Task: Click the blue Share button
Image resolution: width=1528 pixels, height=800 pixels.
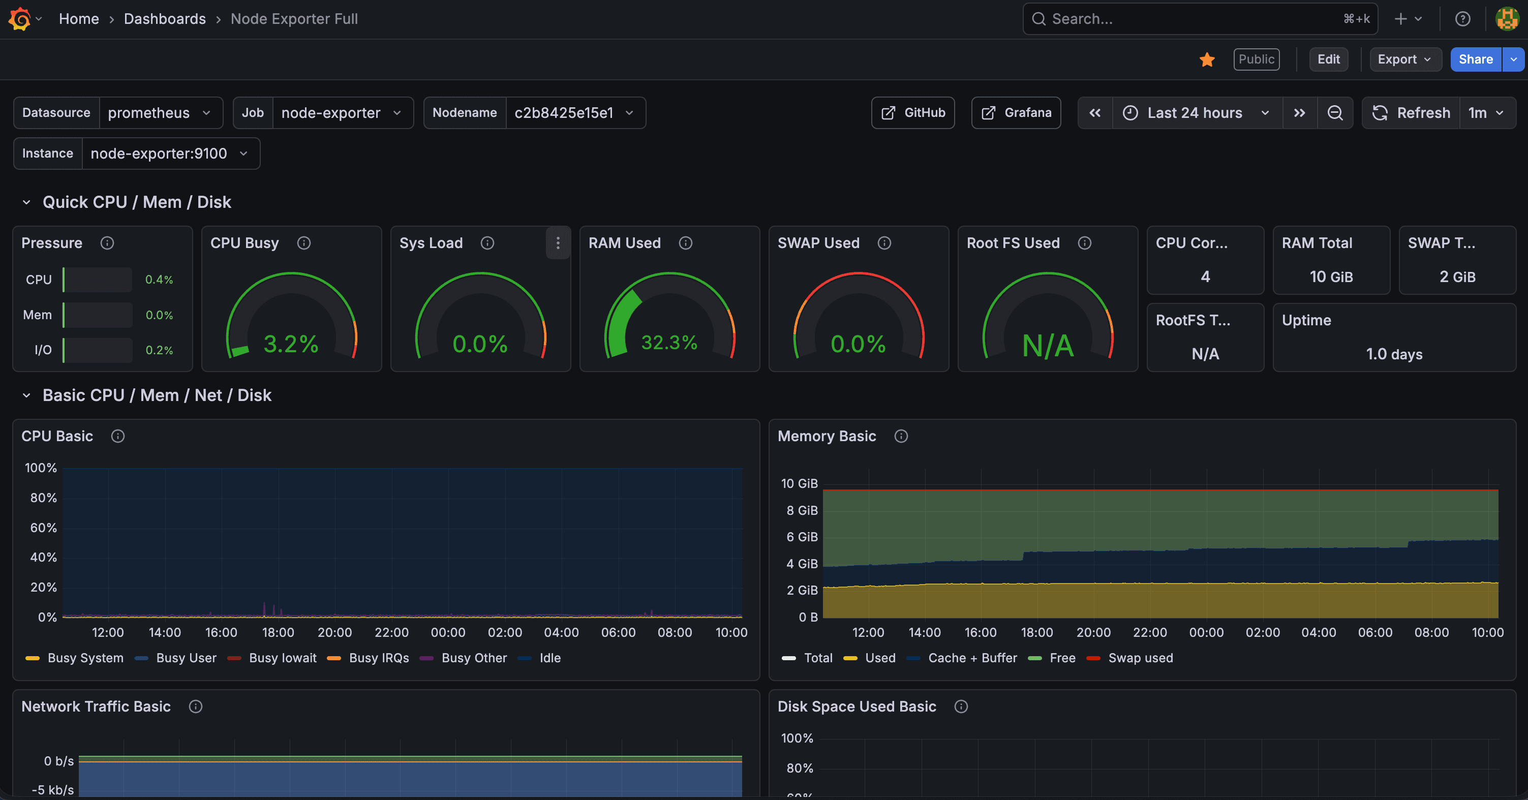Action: click(1475, 59)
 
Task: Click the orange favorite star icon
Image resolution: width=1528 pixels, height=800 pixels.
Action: click(1207, 59)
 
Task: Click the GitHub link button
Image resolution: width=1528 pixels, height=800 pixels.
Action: click(913, 113)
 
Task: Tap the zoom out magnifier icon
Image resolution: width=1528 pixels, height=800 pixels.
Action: click(1335, 113)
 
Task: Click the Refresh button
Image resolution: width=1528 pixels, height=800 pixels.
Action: click(1411, 113)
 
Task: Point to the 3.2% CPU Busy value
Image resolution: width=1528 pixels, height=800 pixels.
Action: click(291, 344)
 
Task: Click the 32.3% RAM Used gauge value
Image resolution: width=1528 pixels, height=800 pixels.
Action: click(669, 343)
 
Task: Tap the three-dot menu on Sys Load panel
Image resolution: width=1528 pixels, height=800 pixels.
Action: click(558, 242)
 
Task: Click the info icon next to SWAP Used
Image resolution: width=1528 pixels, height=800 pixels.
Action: click(884, 243)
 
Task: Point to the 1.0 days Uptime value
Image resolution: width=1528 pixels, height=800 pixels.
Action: click(1394, 354)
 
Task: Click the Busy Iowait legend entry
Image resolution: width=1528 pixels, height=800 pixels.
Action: click(282, 658)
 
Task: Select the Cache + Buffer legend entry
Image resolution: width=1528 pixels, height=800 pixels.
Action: click(971, 658)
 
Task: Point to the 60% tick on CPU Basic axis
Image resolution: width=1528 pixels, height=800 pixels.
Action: click(43, 528)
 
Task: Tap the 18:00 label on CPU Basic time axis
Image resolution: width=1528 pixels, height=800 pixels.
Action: click(278, 632)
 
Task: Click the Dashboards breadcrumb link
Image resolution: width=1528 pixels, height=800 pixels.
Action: click(164, 19)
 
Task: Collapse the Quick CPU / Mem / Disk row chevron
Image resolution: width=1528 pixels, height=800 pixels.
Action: click(26, 202)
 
